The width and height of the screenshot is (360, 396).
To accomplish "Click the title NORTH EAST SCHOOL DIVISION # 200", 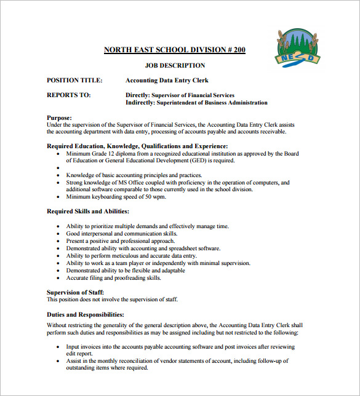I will (175, 50).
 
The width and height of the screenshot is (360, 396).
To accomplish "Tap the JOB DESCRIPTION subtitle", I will (175, 65).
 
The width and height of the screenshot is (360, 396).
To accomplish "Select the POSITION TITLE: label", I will (74, 80).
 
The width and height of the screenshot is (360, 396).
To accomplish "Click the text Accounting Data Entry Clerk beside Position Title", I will (167, 80).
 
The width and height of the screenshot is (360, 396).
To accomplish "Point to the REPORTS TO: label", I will (68, 95).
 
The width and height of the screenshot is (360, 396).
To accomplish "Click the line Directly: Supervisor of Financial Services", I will (180, 95).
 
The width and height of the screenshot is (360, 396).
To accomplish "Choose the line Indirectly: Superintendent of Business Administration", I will (196, 103).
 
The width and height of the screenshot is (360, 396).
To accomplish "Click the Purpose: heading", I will (59, 117).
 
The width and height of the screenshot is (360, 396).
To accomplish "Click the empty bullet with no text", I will (58, 168).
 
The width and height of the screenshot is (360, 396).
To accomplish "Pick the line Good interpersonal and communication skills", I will (122, 234).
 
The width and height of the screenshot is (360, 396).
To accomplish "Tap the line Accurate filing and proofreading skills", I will (114, 277).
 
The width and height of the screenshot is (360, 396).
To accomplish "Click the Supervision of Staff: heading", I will (76, 292).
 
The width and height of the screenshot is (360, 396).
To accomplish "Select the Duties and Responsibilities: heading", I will (86, 314).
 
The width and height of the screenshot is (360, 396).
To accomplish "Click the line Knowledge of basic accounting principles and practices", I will (134, 175).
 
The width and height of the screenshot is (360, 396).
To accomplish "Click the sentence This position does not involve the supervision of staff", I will (113, 299).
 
